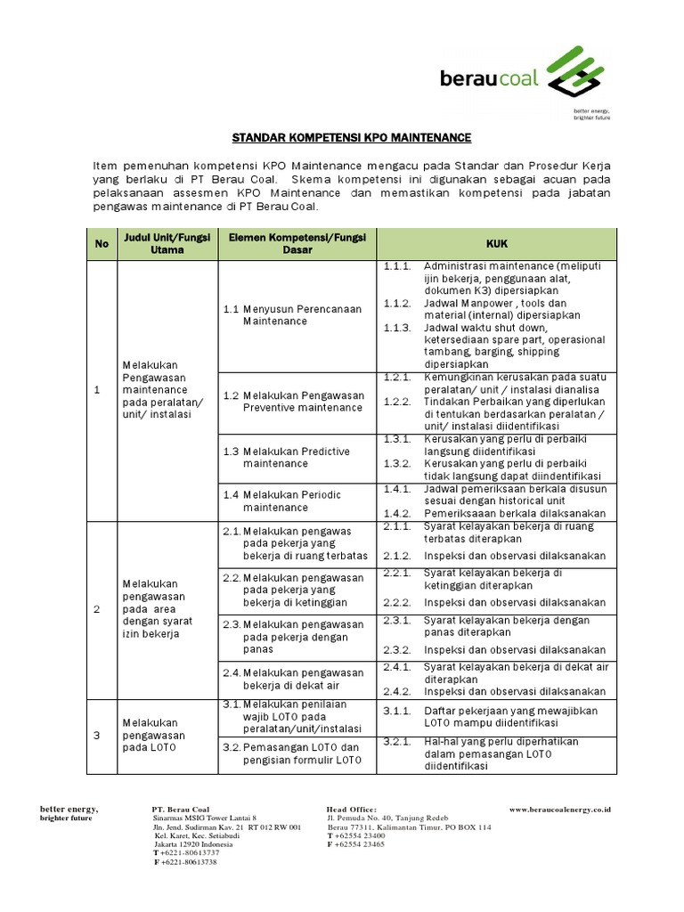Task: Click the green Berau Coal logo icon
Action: (578, 73)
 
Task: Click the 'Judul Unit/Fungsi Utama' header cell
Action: (167, 243)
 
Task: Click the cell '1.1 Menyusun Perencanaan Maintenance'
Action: (292, 314)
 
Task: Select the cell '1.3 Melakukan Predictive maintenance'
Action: (286, 457)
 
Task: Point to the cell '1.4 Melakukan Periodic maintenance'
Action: (282, 501)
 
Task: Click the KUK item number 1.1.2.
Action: (397, 303)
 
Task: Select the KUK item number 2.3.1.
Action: (397, 619)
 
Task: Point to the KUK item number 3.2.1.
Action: (397, 742)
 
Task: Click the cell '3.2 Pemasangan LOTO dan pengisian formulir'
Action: (292, 753)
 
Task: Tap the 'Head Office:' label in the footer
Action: (352, 809)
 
